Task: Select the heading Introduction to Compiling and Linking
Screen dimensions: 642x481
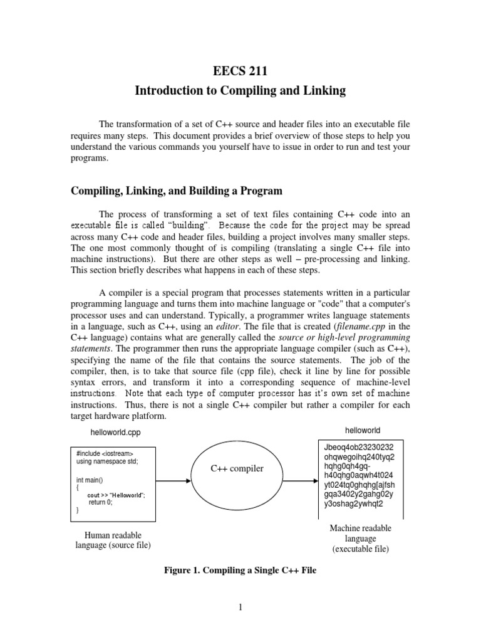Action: tap(240, 91)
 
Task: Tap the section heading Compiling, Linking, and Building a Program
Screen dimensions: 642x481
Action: tap(177, 191)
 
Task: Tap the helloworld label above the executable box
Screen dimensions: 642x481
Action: tap(363, 430)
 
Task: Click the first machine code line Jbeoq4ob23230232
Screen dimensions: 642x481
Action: tap(359, 448)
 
